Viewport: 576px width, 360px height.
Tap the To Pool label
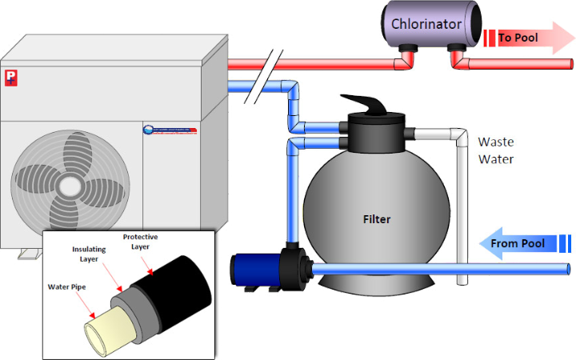tap(518, 37)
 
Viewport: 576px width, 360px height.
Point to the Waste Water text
tap(497, 150)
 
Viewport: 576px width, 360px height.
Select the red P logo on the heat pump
tap(11, 78)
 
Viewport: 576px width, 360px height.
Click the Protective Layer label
tap(141, 242)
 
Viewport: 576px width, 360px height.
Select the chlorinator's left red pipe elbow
tap(406, 58)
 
